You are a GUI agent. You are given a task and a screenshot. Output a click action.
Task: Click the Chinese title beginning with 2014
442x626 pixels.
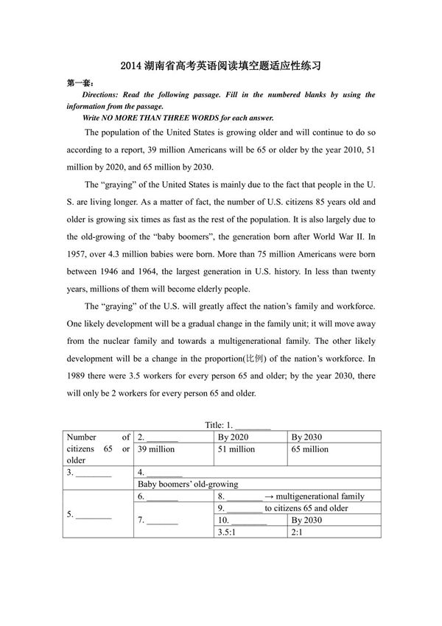220,66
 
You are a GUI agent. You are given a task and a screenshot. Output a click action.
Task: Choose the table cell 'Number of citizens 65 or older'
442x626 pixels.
98,449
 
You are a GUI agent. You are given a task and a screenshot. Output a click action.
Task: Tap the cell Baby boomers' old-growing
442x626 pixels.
188,484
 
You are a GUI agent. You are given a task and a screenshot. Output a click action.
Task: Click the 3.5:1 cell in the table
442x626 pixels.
228,532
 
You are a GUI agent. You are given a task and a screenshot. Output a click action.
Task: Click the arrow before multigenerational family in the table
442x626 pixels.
270,496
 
